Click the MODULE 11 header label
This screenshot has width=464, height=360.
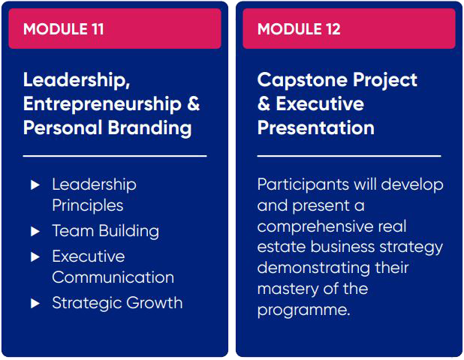63,29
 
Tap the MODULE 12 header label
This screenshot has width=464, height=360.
299,29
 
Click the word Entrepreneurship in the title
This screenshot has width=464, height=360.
102,105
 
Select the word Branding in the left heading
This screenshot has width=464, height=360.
149,128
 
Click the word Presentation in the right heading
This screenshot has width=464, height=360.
316,127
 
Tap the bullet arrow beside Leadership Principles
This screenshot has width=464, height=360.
35,185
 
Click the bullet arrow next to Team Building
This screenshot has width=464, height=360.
35,231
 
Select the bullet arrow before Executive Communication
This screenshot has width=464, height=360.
35,256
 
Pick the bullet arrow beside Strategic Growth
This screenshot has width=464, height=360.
35,303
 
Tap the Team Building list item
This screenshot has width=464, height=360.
106,231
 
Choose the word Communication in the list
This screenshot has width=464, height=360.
113,277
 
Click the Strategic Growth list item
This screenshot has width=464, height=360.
117,303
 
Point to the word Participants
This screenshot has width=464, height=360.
303,185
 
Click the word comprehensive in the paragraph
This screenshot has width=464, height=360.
314,227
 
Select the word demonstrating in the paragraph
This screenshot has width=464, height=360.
313,268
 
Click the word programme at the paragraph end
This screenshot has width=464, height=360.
303,310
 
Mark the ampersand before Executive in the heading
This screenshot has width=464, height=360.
264,104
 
